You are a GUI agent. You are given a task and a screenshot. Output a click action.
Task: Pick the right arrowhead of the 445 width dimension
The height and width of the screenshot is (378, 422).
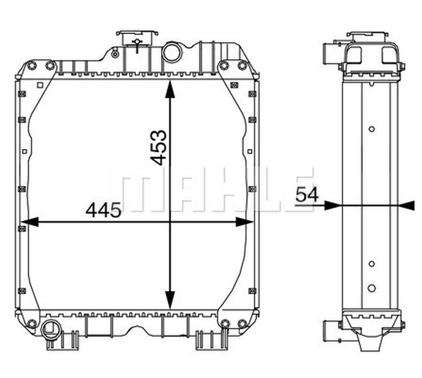(x=244, y=222)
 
